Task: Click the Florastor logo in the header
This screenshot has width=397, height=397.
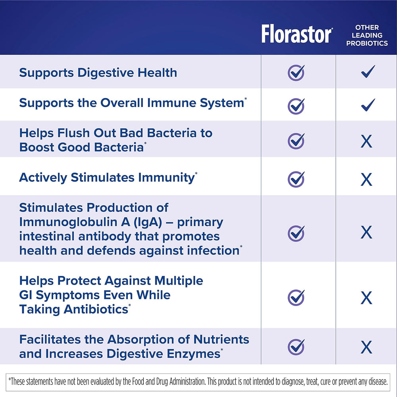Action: (x=297, y=34)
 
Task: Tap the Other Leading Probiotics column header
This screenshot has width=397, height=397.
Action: (x=367, y=35)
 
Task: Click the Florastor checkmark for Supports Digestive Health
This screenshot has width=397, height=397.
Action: (x=296, y=73)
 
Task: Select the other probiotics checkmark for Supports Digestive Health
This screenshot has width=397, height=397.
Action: (x=368, y=71)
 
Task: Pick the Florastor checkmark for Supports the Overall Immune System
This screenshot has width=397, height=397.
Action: (x=296, y=106)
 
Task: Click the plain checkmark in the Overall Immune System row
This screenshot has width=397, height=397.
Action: (x=368, y=105)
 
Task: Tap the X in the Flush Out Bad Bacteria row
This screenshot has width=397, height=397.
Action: (x=366, y=141)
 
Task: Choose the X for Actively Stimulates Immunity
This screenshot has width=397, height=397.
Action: (x=366, y=179)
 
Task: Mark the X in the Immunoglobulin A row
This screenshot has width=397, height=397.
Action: (x=366, y=232)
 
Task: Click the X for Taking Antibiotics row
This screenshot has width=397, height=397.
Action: (x=366, y=298)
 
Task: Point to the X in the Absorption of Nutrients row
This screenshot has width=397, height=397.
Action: (x=366, y=347)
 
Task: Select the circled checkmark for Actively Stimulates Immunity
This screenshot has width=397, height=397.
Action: (x=296, y=179)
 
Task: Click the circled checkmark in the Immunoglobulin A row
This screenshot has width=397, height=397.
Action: (x=296, y=233)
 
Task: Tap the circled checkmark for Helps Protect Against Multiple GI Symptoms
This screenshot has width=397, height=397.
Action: (x=296, y=297)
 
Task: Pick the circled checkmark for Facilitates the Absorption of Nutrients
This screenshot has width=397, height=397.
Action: (x=296, y=347)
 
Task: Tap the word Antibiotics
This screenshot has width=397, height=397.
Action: (x=96, y=309)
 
